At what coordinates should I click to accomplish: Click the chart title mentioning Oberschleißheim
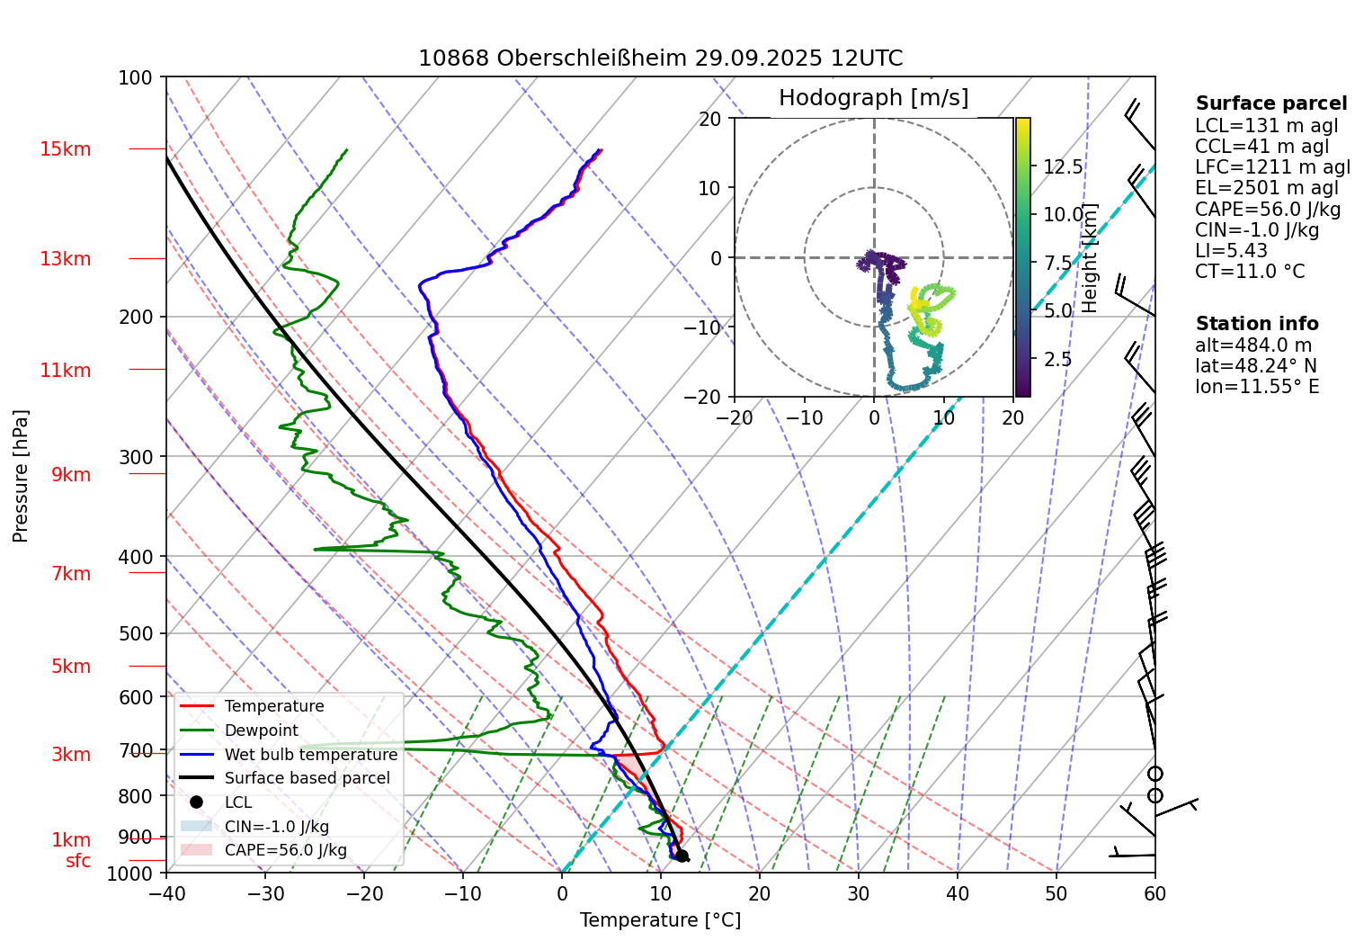coord(660,58)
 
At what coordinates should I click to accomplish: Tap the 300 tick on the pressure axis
coord(136,457)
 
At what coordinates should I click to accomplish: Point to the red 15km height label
coord(65,149)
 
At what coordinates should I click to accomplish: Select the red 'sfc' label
coord(78,861)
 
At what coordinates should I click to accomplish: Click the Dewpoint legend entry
coord(261,730)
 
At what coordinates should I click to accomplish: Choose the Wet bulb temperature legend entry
coord(310,755)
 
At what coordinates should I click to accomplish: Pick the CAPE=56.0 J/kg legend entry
coord(285,850)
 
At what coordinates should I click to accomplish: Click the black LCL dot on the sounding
coord(682,856)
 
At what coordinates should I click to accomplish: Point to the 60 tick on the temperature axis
coord(1154,893)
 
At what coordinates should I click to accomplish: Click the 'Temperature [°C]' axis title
coord(660,920)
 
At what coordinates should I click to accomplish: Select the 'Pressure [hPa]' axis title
coord(21,476)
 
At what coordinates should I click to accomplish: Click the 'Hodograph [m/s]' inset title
coord(873,98)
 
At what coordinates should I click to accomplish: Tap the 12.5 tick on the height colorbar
coord(1063,167)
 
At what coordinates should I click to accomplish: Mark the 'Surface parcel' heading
coord(1270,103)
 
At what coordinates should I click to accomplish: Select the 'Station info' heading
coord(1256,324)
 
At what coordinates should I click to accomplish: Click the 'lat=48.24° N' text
coord(1255,366)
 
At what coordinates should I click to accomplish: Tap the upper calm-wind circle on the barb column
coord(1155,774)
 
